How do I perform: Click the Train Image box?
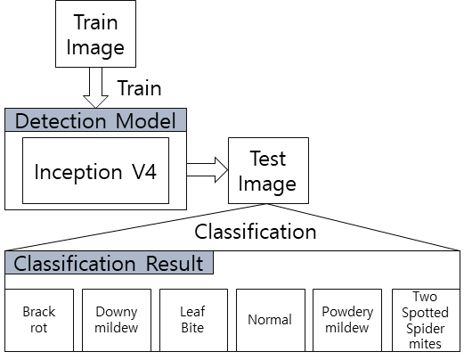coord(95,34)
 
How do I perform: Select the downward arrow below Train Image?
coord(95,87)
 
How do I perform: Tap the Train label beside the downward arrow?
coord(139,88)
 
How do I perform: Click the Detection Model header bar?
coord(95,120)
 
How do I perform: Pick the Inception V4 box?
coord(95,170)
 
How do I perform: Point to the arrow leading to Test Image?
coord(208,170)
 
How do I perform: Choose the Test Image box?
coord(268,170)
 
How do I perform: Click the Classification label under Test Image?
coord(256,232)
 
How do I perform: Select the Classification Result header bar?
coord(109,263)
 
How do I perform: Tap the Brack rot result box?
coord(39,320)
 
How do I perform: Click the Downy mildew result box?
coord(117,320)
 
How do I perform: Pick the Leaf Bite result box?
coord(193,320)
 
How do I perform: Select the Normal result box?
coord(271,320)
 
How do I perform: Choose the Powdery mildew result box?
coord(347,320)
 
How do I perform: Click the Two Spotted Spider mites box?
coord(426,320)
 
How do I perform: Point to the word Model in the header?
coord(146,121)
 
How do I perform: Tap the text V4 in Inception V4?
coord(144,172)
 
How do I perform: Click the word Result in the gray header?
coord(175,264)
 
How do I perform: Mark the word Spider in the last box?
coord(426,329)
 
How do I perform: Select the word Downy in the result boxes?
coord(117,312)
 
